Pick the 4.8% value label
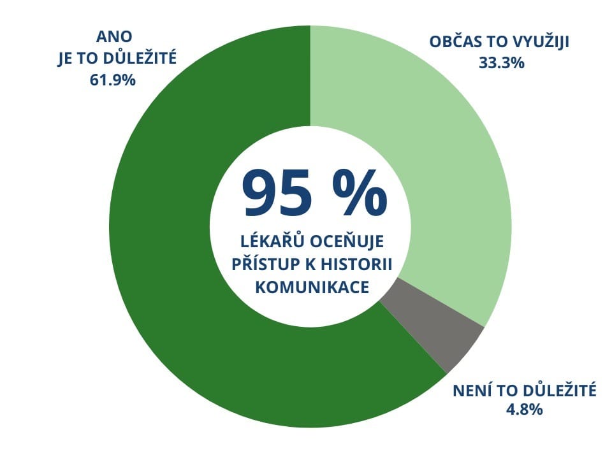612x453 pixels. tap(524, 410)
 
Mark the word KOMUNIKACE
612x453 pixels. tap(312, 287)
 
